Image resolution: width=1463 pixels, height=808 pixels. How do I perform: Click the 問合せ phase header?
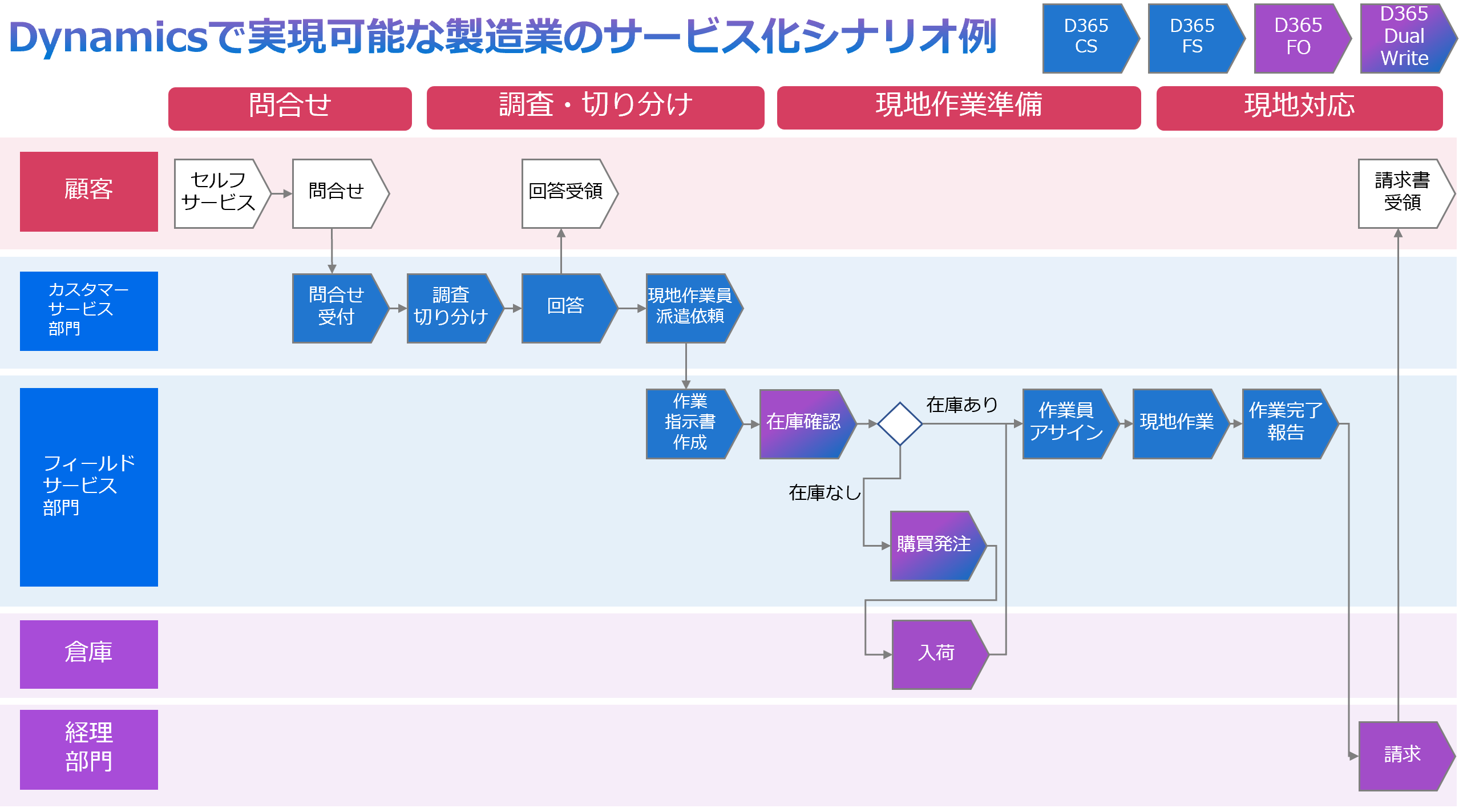(x=290, y=107)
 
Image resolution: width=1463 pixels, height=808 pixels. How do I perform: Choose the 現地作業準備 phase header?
(x=959, y=107)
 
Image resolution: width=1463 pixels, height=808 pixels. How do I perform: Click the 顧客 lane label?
(x=88, y=191)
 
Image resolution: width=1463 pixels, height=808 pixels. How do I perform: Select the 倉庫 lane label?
(x=88, y=654)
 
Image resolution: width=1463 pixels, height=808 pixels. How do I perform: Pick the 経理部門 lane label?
(x=88, y=749)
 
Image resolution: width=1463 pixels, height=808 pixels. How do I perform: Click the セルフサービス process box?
(x=218, y=193)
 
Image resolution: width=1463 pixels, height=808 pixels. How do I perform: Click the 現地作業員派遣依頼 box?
(x=690, y=308)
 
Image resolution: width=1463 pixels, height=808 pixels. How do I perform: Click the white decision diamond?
(x=900, y=423)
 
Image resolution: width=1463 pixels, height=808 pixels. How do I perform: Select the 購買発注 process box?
(x=934, y=546)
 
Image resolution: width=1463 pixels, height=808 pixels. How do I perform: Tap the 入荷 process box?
(x=936, y=654)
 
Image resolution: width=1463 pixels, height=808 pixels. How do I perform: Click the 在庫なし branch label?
(x=825, y=492)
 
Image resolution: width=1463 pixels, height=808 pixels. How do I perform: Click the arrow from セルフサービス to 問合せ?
(x=281, y=193)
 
